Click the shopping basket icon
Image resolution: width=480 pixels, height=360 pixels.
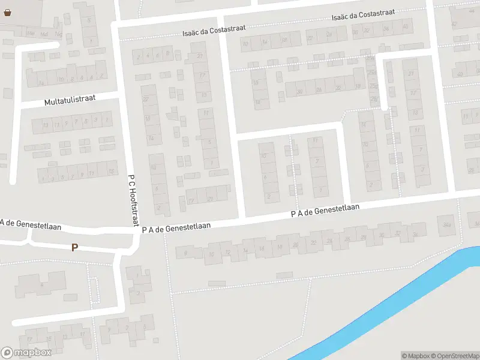7,12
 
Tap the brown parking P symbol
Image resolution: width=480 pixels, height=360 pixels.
74,247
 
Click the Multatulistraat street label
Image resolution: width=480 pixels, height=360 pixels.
70,101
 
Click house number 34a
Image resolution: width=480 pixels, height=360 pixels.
446,225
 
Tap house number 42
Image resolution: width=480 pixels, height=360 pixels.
459,74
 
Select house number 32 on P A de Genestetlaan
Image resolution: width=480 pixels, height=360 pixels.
397,233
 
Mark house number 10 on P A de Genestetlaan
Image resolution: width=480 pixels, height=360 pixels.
211,254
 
